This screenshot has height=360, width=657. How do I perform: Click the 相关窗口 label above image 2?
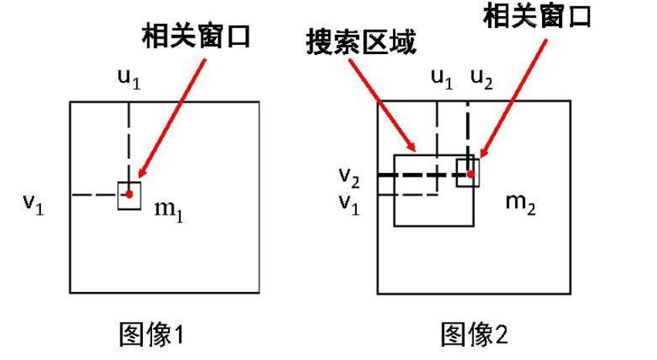point(537,16)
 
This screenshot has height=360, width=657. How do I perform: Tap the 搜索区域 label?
point(360,42)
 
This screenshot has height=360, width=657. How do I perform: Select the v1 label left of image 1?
point(33,203)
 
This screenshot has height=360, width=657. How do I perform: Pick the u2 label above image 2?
point(481,80)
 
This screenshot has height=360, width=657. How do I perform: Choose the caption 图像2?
point(474,335)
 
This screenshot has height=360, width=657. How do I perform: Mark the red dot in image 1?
point(130,194)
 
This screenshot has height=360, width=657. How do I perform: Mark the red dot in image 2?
point(470,174)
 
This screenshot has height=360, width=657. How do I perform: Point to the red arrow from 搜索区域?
point(383,105)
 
